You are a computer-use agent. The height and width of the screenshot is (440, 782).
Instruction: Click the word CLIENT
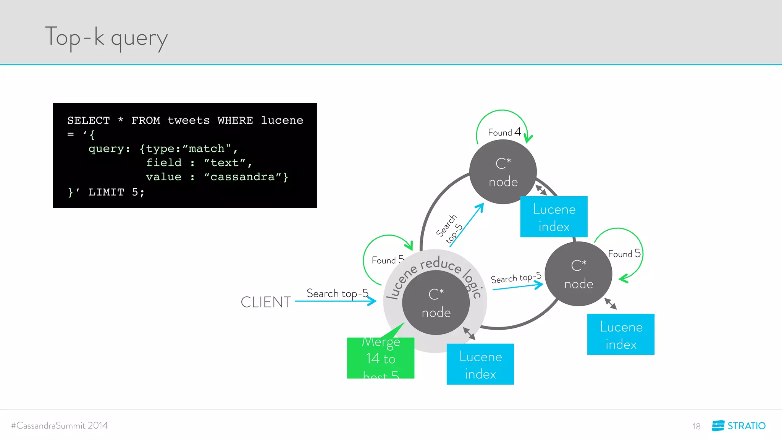266,302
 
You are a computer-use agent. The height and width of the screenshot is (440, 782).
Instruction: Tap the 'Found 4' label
504,132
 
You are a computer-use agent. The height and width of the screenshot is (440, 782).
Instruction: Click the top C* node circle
503,172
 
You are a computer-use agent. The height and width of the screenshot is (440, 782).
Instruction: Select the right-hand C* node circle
578,274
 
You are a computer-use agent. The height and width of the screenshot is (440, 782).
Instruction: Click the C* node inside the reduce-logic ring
436,303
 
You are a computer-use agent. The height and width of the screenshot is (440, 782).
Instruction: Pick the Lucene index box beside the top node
554,217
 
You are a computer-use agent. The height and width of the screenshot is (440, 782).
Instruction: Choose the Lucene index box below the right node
620,335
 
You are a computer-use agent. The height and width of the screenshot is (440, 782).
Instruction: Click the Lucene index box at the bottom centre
480,364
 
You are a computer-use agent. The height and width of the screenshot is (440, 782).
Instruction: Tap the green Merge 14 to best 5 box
380,358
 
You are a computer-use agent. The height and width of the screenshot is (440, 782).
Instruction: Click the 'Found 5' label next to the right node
624,254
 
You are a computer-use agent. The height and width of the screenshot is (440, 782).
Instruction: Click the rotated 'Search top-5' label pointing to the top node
449,229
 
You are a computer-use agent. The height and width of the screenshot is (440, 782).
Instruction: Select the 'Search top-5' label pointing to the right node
516,278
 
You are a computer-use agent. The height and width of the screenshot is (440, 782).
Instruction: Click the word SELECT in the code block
88,120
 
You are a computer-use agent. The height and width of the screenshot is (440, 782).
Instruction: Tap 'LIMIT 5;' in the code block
116,192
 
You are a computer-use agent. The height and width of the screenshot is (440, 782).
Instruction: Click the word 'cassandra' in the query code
242,177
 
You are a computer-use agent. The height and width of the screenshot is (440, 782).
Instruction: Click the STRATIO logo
738,425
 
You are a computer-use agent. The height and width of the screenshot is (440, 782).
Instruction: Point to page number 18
696,426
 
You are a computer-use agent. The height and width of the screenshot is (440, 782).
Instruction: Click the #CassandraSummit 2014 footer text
60,425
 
